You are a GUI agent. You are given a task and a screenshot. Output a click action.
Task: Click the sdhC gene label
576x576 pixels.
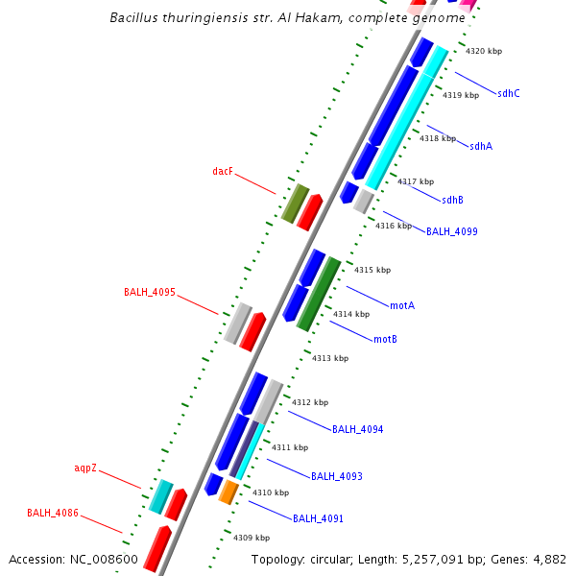point(509,93)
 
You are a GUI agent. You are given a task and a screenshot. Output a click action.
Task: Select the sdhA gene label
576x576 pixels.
point(481,146)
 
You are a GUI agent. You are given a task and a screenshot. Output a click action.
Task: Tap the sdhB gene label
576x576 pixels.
point(452,200)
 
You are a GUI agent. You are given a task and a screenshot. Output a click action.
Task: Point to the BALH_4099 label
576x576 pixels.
point(451,231)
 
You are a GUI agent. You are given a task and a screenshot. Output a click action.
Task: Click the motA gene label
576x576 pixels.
point(401,305)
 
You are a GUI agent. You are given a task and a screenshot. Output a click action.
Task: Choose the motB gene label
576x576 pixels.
point(385,339)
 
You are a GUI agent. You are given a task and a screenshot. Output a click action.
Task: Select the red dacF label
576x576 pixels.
point(223,171)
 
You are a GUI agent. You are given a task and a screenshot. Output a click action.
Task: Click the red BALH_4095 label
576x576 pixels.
point(149,292)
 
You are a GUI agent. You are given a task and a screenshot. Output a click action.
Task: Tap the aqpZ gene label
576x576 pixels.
point(85,468)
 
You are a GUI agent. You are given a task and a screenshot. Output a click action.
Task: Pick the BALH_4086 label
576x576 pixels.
point(53,514)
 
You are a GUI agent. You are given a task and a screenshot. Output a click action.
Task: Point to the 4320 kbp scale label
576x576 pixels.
point(484,51)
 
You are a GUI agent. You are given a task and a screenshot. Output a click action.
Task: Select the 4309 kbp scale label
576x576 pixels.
point(251,538)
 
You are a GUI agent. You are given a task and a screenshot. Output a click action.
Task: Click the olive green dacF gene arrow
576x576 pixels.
point(295,204)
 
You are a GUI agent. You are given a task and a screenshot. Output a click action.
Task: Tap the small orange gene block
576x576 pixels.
point(228,492)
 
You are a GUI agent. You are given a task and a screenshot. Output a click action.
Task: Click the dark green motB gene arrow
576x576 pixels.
point(319,294)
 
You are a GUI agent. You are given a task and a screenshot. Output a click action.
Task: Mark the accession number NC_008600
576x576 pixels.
point(105,559)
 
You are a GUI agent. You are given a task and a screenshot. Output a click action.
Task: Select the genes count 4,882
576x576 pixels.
point(547,559)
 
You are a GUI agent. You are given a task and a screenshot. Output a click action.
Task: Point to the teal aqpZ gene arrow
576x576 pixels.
point(160,495)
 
